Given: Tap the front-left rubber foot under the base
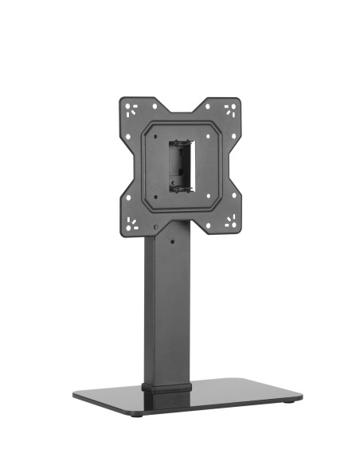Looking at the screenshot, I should point(140,415).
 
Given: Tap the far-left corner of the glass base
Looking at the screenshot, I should point(74,393).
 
